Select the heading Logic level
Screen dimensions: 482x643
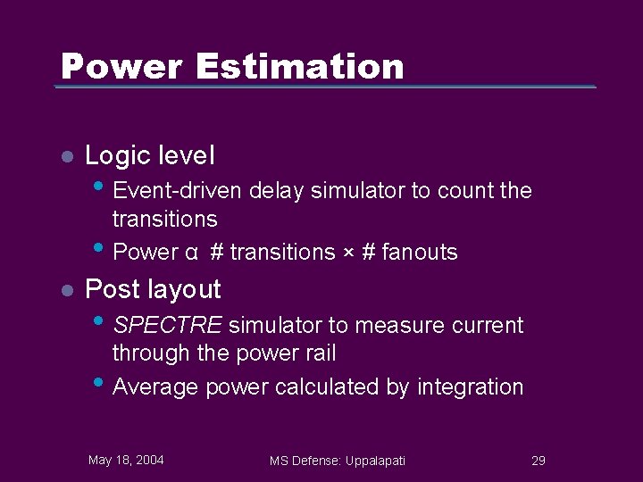point(149,155)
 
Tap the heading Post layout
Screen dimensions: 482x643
point(153,289)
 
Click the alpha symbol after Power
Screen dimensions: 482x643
point(192,253)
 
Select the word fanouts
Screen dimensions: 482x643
point(420,253)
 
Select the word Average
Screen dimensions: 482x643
point(156,387)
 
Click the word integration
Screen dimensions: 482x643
point(471,387)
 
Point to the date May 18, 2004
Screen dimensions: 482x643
point(126,460)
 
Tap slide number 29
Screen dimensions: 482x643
point(538,461)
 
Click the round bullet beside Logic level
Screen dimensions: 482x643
point(65,156)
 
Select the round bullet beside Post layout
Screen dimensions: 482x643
point(65,290)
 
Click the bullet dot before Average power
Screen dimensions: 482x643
point(98,382)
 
